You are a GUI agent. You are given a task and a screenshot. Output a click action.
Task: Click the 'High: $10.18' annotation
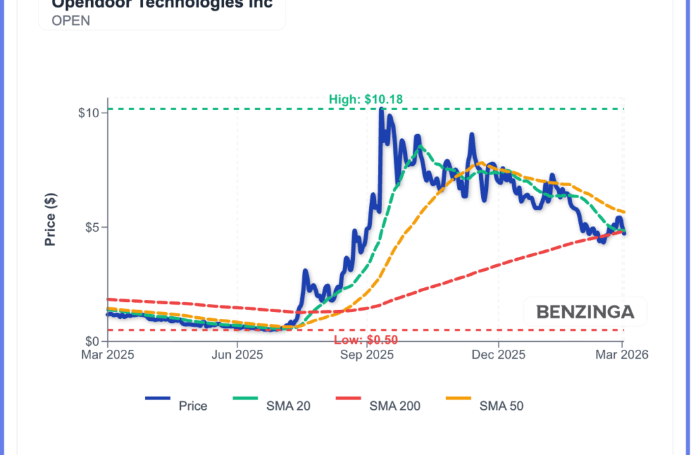point(366,100)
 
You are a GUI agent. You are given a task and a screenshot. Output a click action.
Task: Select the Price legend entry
point(193,406)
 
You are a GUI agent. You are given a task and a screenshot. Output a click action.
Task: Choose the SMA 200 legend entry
point(395,406)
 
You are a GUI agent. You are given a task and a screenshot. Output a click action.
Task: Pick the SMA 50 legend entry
point(501,406)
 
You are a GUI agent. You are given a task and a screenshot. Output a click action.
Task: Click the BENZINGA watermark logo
point(585,312)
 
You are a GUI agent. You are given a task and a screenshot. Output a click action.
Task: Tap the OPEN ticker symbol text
point(71,20)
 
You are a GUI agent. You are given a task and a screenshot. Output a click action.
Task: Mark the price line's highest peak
point(381,110)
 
